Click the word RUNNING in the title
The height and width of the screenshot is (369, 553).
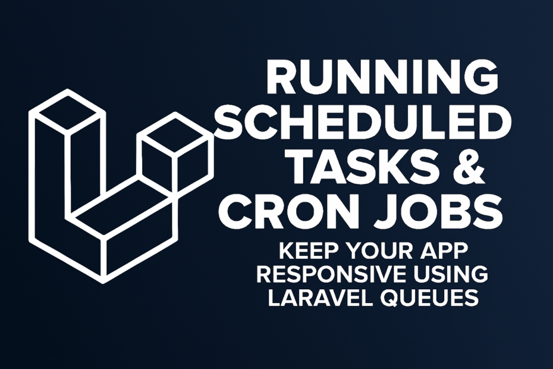pyautogui.click(x=383, y=78)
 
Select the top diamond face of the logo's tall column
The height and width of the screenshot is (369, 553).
pyautogui.click(x=67, y=113)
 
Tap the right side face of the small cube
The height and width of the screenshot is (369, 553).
pyautogui.click(x=192, y=165)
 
